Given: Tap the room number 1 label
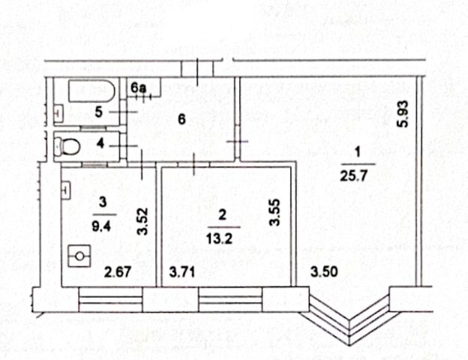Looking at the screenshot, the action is coord(358,153).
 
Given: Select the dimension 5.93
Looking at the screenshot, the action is coord(403,114).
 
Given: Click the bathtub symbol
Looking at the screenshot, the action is coord(91,92).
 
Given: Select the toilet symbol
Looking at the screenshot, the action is coord(70,145).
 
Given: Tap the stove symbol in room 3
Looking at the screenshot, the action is coord(79,257).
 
